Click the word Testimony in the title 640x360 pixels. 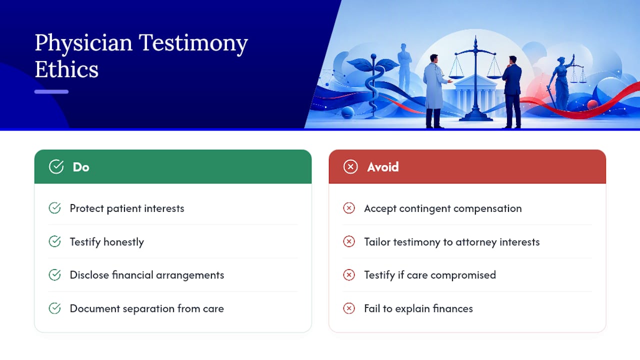[193, 43]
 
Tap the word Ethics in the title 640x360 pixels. [66, 69]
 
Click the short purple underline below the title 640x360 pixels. [51, 91]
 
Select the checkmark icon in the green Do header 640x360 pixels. [56, 166]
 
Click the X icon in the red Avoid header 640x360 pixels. [350, 166]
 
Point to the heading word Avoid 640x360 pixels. [383, 167]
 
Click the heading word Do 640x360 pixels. [81, 167]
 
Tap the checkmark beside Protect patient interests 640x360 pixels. [54, 208]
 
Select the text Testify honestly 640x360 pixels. [107, 242]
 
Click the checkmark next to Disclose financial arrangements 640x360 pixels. [54, 275]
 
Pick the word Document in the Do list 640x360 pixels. [95, 308]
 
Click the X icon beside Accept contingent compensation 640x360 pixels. [349, 208]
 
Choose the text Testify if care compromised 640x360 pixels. [430, 275]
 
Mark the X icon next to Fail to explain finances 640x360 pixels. [349, 308]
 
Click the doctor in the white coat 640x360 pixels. [435, 90]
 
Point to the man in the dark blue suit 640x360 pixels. [512, 91]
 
